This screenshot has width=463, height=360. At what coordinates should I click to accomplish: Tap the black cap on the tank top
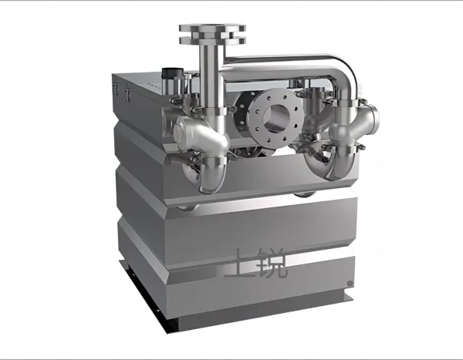(172, 73)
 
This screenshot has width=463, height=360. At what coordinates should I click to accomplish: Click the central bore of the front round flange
(275, 118)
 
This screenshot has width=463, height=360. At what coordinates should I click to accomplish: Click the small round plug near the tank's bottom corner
(350, 283)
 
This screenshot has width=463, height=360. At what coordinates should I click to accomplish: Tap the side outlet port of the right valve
(373, 119)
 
